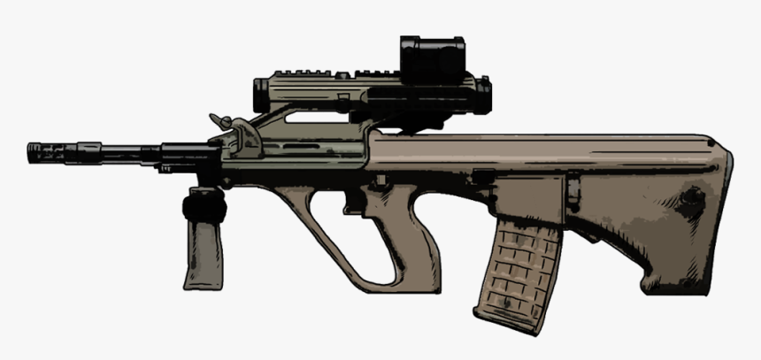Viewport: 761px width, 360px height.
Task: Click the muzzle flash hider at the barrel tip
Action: (x=44, y=152)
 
